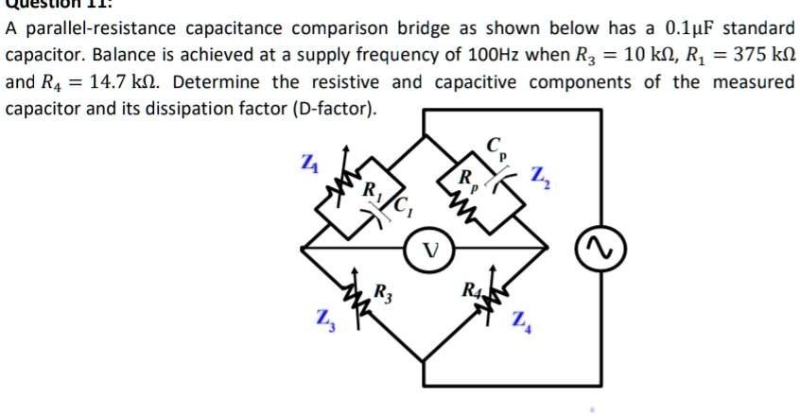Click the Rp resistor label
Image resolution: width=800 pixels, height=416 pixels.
(466, 178)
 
